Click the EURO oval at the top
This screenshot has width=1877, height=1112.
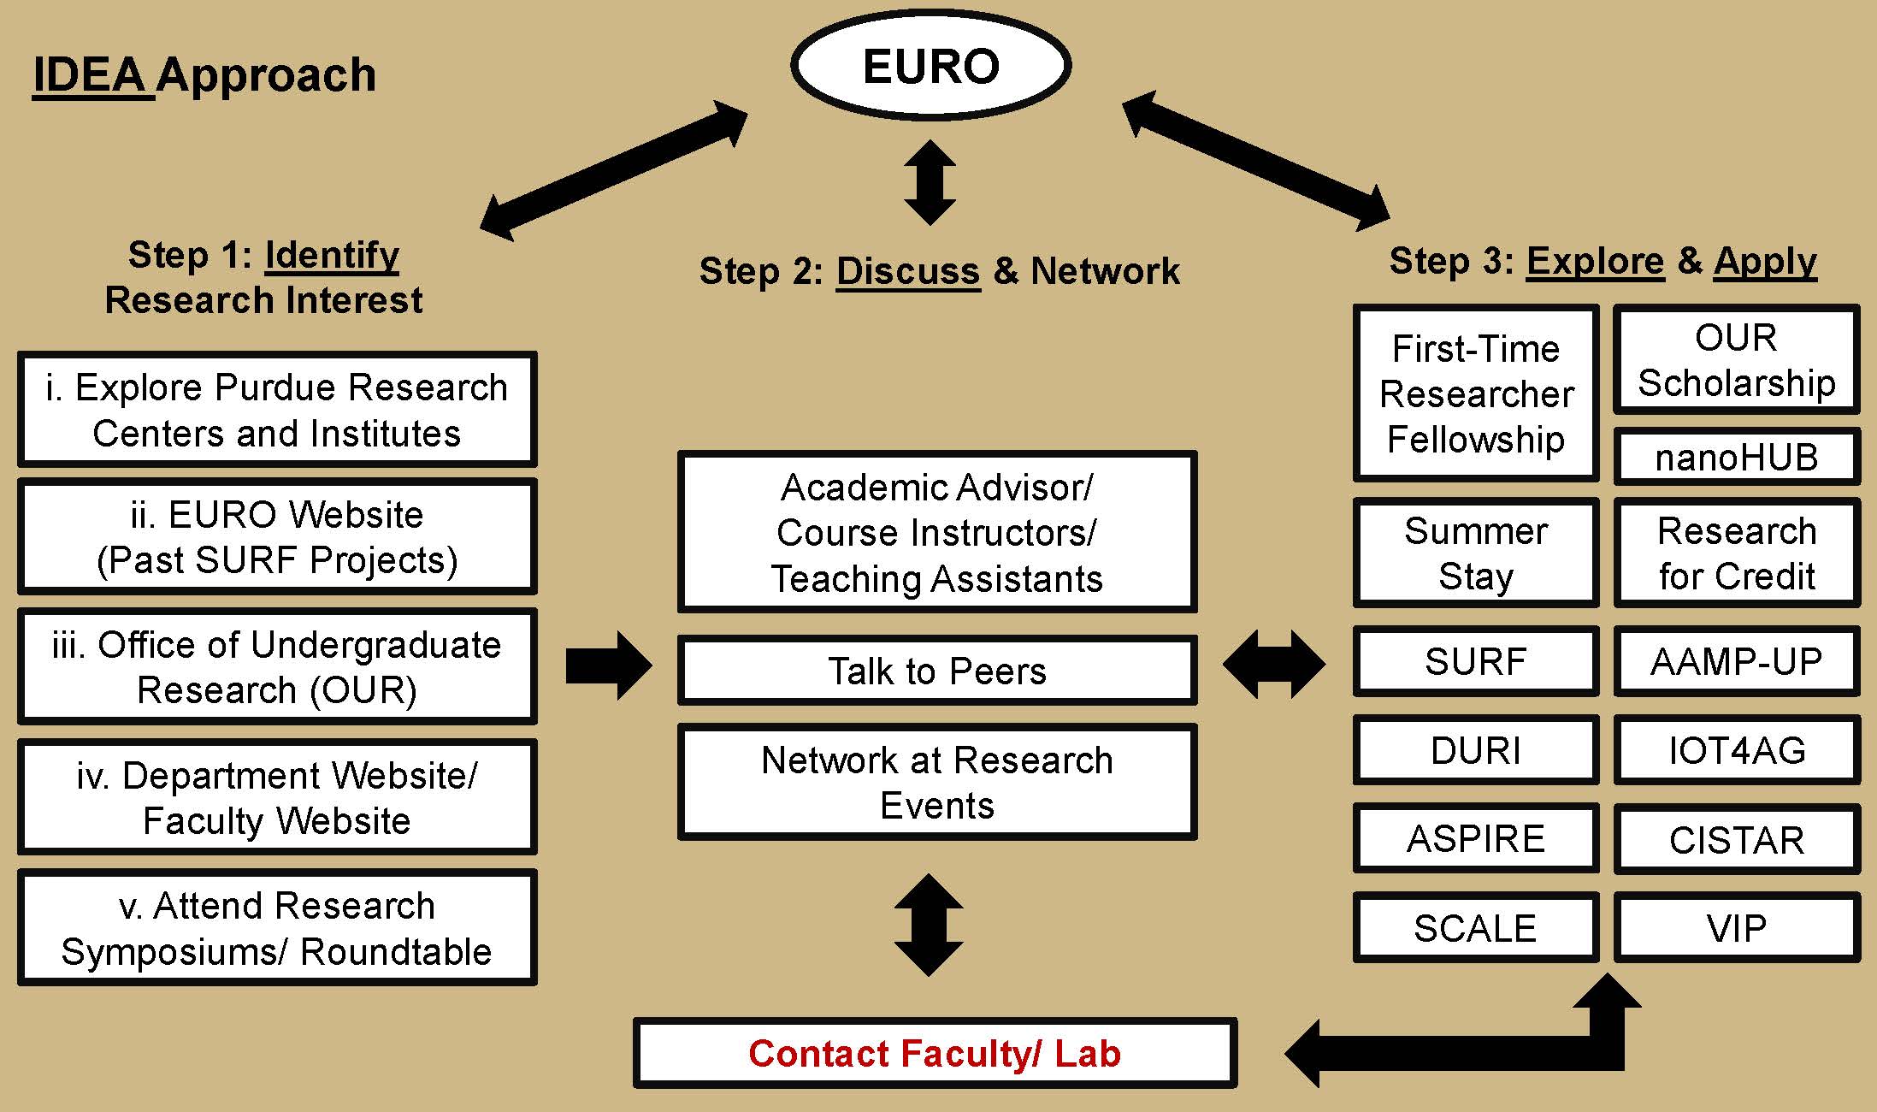click(x=930, y=66)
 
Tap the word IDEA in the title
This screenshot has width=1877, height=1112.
click(x=90, y=75)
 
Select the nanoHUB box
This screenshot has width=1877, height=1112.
click(x=1736, y=457)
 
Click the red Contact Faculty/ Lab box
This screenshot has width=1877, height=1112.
click(x=935, y=1053)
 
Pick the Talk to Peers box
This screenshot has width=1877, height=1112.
click(x=936, y=671)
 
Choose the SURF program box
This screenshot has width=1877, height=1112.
click(x=1475, y=661)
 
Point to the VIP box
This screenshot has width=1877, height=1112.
click(x=1736, y=928)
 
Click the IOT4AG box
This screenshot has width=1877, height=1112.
click(x=1736, y=750)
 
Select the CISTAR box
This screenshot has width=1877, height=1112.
click(x=1736, y=839)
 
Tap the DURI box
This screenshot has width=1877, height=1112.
click(x=1475, y=750)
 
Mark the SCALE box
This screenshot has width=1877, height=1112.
click(x=1475, y=928)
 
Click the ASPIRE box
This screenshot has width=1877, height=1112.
click(x=1475, y=839)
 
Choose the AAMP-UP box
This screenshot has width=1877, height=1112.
click(x=1736, y=661)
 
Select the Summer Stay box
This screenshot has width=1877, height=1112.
click(x=1475, y=553)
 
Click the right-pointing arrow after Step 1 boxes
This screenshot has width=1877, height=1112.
click(x=608, y=665)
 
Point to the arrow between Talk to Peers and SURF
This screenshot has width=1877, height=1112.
click(x=1274, y=664)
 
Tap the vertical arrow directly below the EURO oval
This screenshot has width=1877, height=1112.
click(x=930, y=183)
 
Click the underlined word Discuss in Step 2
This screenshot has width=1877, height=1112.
click(x=907, y=271)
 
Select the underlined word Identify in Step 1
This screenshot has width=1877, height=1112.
click(x=332, y=255)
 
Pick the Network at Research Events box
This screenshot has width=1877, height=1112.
click(x=936, y=783)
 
